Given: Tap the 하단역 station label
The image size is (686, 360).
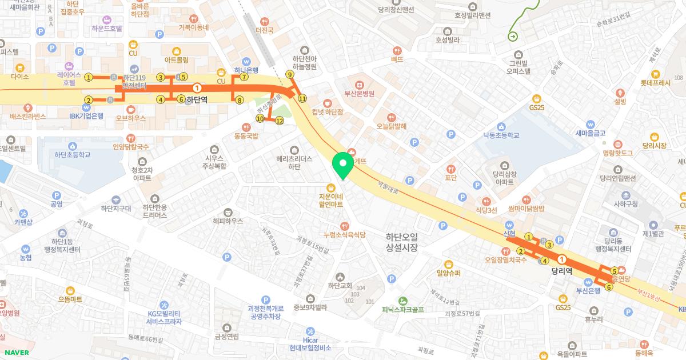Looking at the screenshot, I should coord(197,99).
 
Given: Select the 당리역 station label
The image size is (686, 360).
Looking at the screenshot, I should coord(562,272).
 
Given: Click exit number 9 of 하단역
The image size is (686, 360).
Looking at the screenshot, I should coord(290,74).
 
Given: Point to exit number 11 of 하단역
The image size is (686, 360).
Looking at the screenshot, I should coord(302,98).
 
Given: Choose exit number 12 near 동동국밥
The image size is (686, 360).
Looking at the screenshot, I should coord(280,121).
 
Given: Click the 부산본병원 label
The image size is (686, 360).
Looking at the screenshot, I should coord(359,94).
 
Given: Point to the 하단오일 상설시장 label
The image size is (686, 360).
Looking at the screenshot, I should coord(402,242).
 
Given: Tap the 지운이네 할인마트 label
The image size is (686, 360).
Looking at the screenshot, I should coord(330,199).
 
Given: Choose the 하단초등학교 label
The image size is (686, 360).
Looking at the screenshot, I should coord(73,154).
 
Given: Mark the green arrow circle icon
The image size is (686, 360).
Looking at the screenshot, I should coord(513,37).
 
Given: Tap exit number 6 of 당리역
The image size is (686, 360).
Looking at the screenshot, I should coord(609,287).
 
